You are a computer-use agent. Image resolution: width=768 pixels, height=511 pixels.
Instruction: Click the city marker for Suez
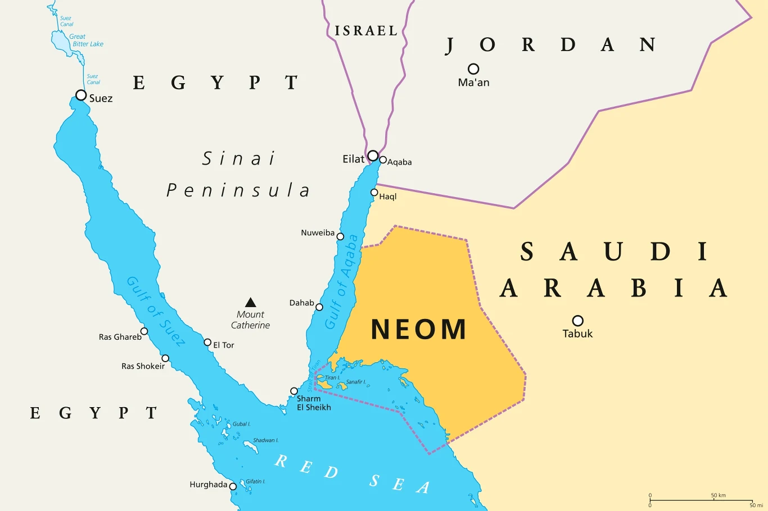81,95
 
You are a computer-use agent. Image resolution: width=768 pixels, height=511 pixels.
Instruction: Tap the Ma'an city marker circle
473,69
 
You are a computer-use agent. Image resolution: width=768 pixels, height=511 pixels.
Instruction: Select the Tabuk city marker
577,321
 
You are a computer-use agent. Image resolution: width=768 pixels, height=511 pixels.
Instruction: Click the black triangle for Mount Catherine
251,303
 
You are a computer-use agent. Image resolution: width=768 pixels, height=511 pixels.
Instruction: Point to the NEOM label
419,330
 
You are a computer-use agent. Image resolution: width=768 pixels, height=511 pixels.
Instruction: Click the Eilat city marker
373,156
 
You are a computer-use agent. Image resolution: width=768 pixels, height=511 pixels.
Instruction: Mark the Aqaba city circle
383,160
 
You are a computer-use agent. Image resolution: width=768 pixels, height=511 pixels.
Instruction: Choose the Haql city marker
374,193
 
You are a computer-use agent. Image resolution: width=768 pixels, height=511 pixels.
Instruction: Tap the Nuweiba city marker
340,236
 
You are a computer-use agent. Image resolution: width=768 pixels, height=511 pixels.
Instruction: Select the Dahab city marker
319,307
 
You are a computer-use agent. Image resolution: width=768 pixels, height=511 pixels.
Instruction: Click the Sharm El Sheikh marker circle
293,391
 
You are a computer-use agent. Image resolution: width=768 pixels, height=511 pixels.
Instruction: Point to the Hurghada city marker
233,486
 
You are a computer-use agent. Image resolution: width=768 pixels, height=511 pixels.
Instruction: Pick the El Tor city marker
207,343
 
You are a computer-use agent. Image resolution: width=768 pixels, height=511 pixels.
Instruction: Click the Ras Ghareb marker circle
144,331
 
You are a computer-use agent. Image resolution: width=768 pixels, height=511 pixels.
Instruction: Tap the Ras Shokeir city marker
165,358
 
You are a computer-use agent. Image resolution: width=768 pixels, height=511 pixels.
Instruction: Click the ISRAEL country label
366,31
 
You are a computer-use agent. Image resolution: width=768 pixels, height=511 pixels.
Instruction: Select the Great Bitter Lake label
87,40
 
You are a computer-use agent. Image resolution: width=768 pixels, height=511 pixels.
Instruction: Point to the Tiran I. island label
332,378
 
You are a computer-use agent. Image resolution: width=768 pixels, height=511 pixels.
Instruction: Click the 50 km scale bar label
718,495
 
